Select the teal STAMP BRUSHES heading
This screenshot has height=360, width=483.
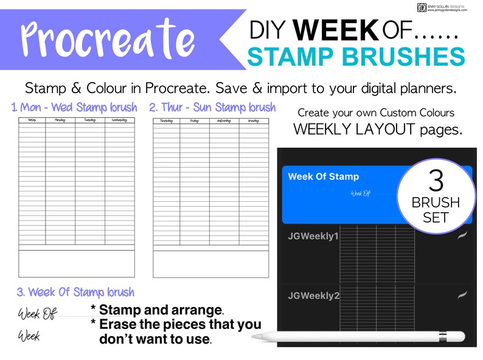pyautogui.click(x=356, y=57)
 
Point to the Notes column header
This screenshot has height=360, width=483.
pyautogui.click(x=32, y=121)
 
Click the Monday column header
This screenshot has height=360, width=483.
pyautogui.click(x=60, y=121)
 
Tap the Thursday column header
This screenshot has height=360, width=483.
pyautogui.click(x=166, y=121)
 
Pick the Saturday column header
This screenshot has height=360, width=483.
pyautogui.click(x=224, y=121)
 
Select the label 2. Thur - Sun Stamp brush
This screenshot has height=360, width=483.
pyautogui.click(x=212, y=108)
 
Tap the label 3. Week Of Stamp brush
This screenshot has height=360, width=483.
pyautogui.click(x=75, y=292)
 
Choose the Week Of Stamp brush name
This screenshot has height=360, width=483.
pyautogui.click(x=323, y=177)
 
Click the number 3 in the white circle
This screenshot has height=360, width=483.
pyautogui.click(x=436, y=181)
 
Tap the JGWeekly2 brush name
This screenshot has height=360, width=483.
pyautogui.click(x=313, y=296)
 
